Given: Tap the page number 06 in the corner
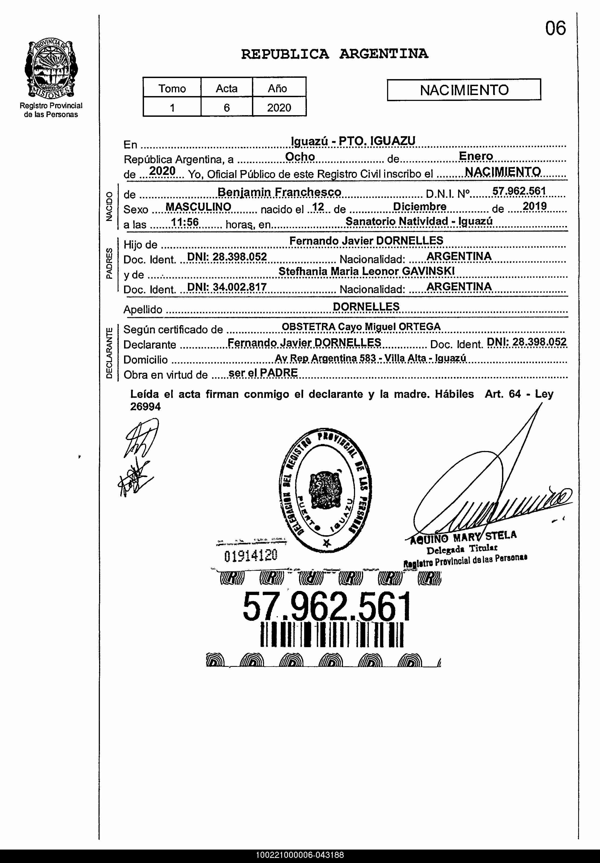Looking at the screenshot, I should coord(555,29).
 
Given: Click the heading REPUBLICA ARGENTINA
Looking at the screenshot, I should coord(334,54).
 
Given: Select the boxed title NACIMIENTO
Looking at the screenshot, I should coord(464,90).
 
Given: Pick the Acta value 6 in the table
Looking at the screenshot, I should coord(226,108).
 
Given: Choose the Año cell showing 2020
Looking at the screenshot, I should coord(279,108).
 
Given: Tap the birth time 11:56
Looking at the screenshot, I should coord(185,222).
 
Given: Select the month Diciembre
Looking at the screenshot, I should coord(420,207).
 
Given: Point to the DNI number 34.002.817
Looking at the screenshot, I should coord(240,287).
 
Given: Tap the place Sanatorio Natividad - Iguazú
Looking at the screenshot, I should coord(419,221).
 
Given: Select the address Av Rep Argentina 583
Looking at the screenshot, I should coord(325,358).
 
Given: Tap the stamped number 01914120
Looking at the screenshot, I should coord(251,555).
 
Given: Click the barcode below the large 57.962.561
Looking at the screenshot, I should coord(332,635).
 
